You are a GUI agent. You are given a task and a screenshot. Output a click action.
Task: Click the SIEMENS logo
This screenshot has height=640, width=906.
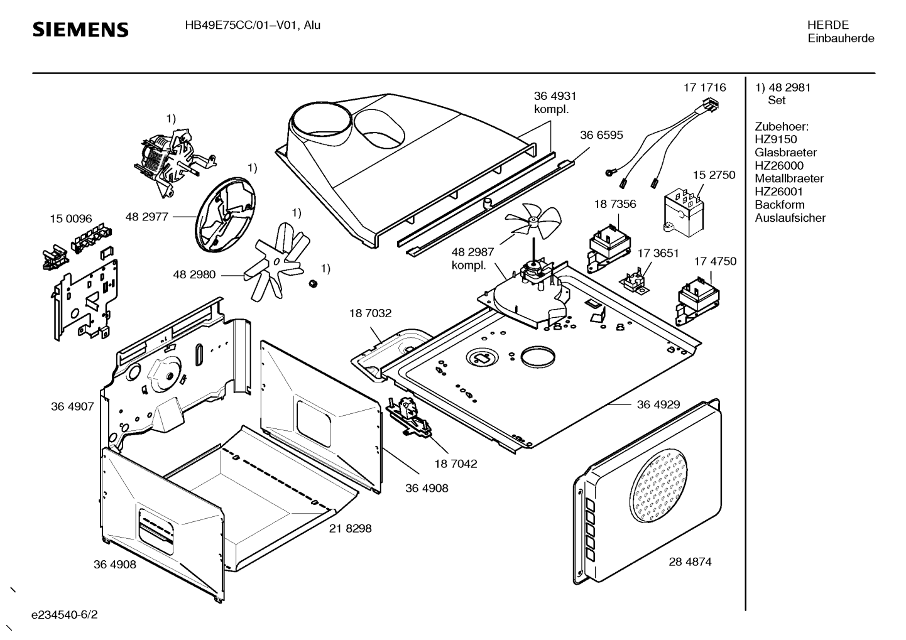click(x=80, y=30)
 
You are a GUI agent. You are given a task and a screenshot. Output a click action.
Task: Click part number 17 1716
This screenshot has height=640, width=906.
click(x=704, y=87)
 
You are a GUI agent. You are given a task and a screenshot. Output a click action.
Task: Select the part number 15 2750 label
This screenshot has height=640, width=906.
click(x=714, y=175)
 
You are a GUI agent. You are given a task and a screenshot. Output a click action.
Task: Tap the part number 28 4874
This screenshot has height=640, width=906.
click(x=690, y=561)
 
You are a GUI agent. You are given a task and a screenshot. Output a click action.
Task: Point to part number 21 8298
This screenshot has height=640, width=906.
click(x=350, y=528)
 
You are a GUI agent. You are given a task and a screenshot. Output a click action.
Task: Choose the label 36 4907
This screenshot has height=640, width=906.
click(x=72, y=406)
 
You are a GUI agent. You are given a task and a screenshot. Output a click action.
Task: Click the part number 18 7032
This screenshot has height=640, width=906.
click(x=370, y=313)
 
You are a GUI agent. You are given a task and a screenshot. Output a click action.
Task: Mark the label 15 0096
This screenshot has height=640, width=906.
click(x=71, y=219)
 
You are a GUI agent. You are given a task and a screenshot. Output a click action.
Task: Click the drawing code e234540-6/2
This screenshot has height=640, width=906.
click(x=65, y=614)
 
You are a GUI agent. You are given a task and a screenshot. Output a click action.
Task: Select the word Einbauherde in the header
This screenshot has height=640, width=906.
click(x=841, y=38)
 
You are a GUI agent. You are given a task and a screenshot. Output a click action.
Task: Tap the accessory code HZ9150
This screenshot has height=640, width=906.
click(x=775, y=139)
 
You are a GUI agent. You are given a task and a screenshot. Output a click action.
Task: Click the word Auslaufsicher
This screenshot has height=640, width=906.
click(x=790, y=218)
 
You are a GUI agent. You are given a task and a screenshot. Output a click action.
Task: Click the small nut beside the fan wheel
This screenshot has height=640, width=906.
click(x=311, y=285)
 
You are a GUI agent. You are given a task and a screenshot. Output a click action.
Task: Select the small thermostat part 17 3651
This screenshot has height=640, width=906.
click(x=635, y=280)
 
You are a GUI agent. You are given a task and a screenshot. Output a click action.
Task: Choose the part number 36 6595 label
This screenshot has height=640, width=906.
click(x=601, y=134)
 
